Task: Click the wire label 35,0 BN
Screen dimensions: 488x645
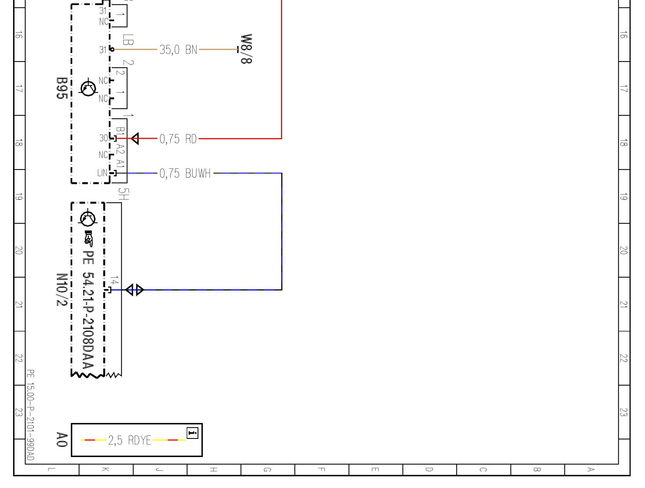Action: pyautogui.click(x=178, y=49)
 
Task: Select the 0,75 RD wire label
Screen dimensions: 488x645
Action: pyautogui.click(x=178, y=139)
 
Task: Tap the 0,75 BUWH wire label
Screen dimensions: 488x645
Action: pyautogui.click(x=185, y=173)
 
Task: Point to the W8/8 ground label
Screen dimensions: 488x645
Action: pyautogui.click(x=246, y=49)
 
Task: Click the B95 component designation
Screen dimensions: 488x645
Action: pyautogui.click(x=62, y=88)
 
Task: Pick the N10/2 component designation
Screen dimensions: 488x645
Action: pyautogui.click(x=62, y=289)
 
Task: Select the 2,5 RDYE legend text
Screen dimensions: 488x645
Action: pyautogui.click(x=129, y=440)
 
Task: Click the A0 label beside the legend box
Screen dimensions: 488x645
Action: pyautogui.click(x=62, y=440)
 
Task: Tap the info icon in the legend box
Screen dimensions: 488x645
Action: pyautogui.click(x=192, y=433)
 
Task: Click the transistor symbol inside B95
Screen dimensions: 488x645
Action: pyautogui.click(x=88, y=88)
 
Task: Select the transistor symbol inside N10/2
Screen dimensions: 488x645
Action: pyautogui.click(x=88, y=218)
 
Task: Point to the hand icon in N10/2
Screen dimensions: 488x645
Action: pyautogui.click(x=88, y=239)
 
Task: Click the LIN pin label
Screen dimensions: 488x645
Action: pyautogui.click(x=102, y=173)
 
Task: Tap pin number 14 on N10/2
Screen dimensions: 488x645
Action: pyautogui.click(x=114, y=281)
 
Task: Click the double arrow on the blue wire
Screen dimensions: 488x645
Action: pyautogui.click(x=134, y=290)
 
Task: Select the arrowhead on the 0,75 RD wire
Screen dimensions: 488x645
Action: pyautogui.click(x=135, y=139)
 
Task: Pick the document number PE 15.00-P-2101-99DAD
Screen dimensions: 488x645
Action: pyautogui.click(x=30, y=415)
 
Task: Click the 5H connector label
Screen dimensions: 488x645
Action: pyautogui.click(x=123, y=194)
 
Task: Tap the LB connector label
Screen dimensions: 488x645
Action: pyautogui.click(x=128, y=40)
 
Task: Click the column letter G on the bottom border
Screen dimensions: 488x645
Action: pyautogui.click(x=267, y=470)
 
